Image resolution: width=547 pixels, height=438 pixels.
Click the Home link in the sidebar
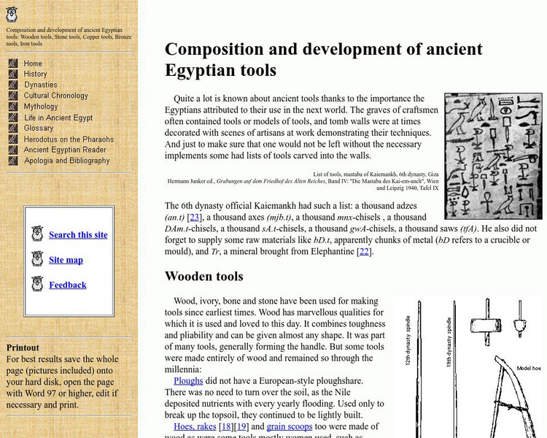coord(33,64)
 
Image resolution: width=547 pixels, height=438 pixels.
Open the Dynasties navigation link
coord(40,85)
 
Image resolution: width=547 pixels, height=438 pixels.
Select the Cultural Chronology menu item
coord(55,96)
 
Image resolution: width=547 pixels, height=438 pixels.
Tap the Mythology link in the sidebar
coord(41,107)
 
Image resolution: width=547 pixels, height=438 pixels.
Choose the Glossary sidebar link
coord(39,128)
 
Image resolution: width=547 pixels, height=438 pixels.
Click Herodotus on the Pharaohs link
coord(69,139)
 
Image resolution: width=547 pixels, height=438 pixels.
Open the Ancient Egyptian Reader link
coord(65,150)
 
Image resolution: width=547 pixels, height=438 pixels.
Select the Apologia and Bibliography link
coord(66,161)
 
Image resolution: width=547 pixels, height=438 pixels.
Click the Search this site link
coord(78,235)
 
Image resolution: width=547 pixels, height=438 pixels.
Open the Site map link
coord(66,260)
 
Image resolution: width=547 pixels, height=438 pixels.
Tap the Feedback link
coord(68,285)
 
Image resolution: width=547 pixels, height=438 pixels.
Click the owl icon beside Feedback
coord(38,284)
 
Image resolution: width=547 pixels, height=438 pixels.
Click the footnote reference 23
coord(195,217)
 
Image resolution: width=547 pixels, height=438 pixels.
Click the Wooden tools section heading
coord(203,277)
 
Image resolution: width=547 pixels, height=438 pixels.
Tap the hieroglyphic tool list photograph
coord(493,155)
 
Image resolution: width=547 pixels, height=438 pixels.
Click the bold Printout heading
coord(23,347)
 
